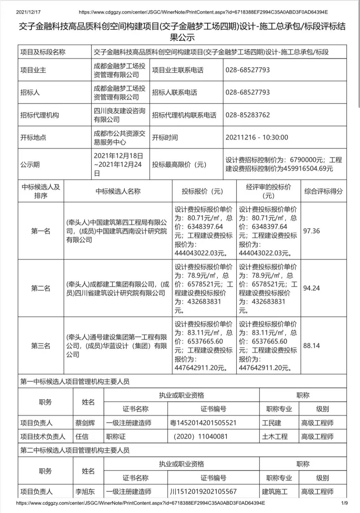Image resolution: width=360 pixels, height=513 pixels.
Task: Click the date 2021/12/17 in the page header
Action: click(28, 12)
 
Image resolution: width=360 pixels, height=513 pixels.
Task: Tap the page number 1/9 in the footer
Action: click(345, 503)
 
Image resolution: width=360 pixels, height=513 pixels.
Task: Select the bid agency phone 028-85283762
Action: click(247, 115)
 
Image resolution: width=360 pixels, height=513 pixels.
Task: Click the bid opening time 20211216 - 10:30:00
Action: click(257, 138)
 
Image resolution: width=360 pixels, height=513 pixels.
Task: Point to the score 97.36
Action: click(311, 231)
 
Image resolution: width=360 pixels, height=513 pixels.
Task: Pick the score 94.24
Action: click(311, 288)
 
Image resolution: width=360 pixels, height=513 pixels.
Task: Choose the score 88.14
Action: click(311, 346)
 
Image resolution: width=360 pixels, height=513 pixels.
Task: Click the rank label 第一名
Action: click(41, 231)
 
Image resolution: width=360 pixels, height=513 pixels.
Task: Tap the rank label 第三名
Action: click(41, 346)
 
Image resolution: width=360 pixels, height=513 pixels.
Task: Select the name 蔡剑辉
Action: click(85, 423)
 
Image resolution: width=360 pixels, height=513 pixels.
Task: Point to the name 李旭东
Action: click(85, 492)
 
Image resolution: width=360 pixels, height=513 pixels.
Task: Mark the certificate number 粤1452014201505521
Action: click(203, 423)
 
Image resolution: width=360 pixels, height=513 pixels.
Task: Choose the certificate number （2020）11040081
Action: click(200, 437)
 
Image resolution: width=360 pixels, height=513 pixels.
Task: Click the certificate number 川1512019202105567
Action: click(203, 492)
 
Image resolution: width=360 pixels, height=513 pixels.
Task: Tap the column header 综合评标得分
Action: click(323, 191)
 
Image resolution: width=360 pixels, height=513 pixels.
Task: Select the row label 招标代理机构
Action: click(39, 115)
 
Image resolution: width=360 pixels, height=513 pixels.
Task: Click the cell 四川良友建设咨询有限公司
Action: click(119, 115)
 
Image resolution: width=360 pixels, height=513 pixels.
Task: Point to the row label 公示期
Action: click(30, 164)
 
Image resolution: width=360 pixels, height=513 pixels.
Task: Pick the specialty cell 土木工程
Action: click(275, 437)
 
